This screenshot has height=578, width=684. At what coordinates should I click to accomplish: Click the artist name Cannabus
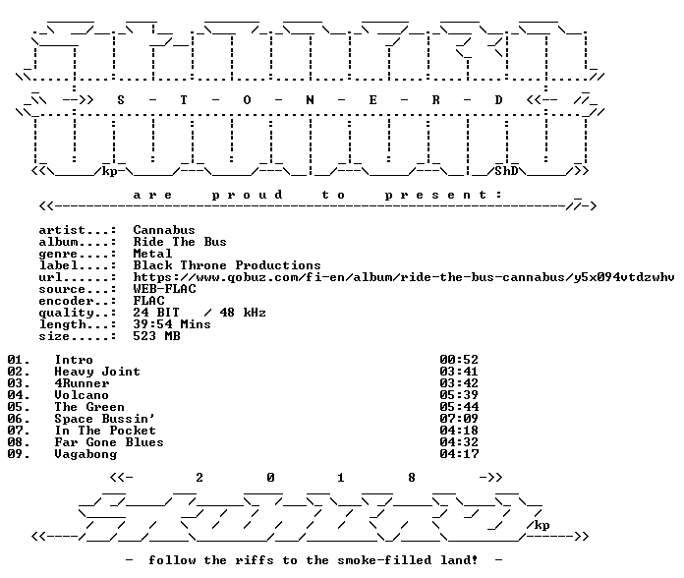pyautogui.click(x=164, y=230)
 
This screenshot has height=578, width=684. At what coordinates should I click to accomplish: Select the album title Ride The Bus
pyautogui.click(x=180, y=242)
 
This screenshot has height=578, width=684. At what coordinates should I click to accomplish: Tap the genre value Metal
pyautogui.click(x=152, y=254)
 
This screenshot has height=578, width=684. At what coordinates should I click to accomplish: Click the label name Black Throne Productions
pyautogui.click(x=227, y=265)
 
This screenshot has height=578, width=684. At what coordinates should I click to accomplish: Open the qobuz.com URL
pyautogui.click(x=404, y=277)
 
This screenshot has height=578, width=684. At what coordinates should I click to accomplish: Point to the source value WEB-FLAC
pyautogui.click(x=164, y=289)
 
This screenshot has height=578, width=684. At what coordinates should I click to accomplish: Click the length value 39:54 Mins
pyautogui.click(x=172, y=324)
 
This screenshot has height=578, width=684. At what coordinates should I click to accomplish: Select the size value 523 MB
pyautogui.click(x=156, y=336)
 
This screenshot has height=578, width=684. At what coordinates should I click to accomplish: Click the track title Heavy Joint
pyautogui.click(x=97, y=372)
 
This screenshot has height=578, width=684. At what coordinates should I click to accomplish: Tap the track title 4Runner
pyautogui.click(x=82, y=383)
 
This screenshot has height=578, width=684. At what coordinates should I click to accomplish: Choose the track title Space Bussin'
pyautogui.click(x=105, y=419)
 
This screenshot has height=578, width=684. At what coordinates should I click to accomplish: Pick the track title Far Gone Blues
pyautogui.click(x=109, y=442)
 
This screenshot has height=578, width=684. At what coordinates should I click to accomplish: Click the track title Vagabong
pyautogui.click(x=85, y=454)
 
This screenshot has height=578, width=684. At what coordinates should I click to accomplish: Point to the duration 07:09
pyautogui.click(x=459, y=419)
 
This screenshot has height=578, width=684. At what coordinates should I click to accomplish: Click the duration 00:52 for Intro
pyautogui.click(x=459, y=360)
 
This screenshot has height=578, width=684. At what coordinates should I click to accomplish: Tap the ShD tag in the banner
pyautogui.click(x=506, y=171)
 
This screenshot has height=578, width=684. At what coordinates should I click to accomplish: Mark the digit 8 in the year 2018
pyautogui.click(x=412, y=478)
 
